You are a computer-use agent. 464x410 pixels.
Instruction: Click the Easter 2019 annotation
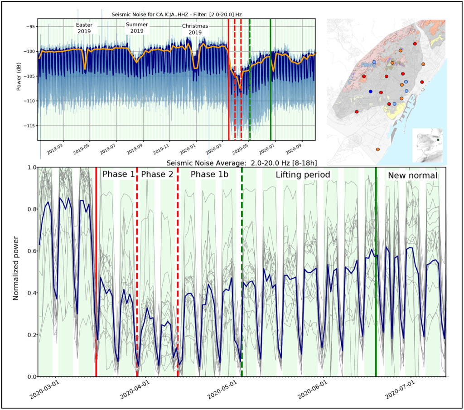84,28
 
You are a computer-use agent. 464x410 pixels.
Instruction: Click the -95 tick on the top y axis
29,26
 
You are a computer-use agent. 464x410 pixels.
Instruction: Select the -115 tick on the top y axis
29,125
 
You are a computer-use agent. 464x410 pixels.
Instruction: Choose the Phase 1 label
118,174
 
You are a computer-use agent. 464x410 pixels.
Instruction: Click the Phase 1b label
207,174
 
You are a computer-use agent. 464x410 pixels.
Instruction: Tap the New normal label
412,175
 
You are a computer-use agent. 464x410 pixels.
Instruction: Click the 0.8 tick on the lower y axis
29,209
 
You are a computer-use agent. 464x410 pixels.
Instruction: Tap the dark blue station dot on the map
371,92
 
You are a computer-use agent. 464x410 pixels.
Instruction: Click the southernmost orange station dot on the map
378,150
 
